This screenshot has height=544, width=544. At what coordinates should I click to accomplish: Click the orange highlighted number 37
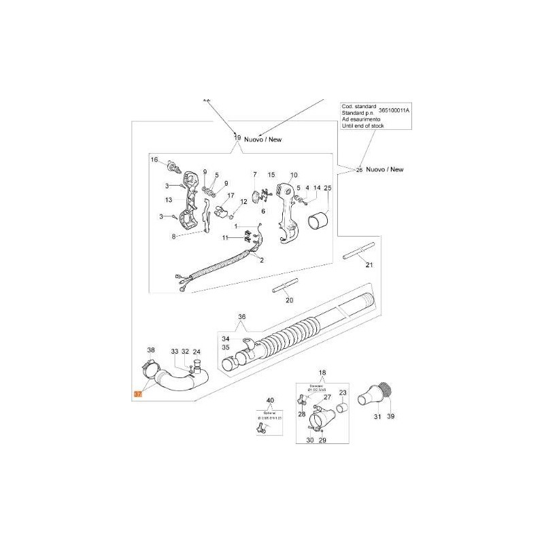138,394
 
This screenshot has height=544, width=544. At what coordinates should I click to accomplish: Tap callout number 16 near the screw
154,160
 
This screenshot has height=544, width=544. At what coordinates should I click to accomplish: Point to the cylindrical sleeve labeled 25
319,222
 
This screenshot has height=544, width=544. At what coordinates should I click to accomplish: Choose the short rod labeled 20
286,289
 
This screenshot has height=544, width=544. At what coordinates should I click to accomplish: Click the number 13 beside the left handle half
169,200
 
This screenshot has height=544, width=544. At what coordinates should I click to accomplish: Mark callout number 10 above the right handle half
294,175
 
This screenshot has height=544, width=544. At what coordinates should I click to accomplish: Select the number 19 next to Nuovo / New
237,138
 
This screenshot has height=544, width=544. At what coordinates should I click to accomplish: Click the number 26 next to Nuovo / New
359,169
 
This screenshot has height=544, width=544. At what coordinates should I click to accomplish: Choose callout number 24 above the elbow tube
197,352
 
